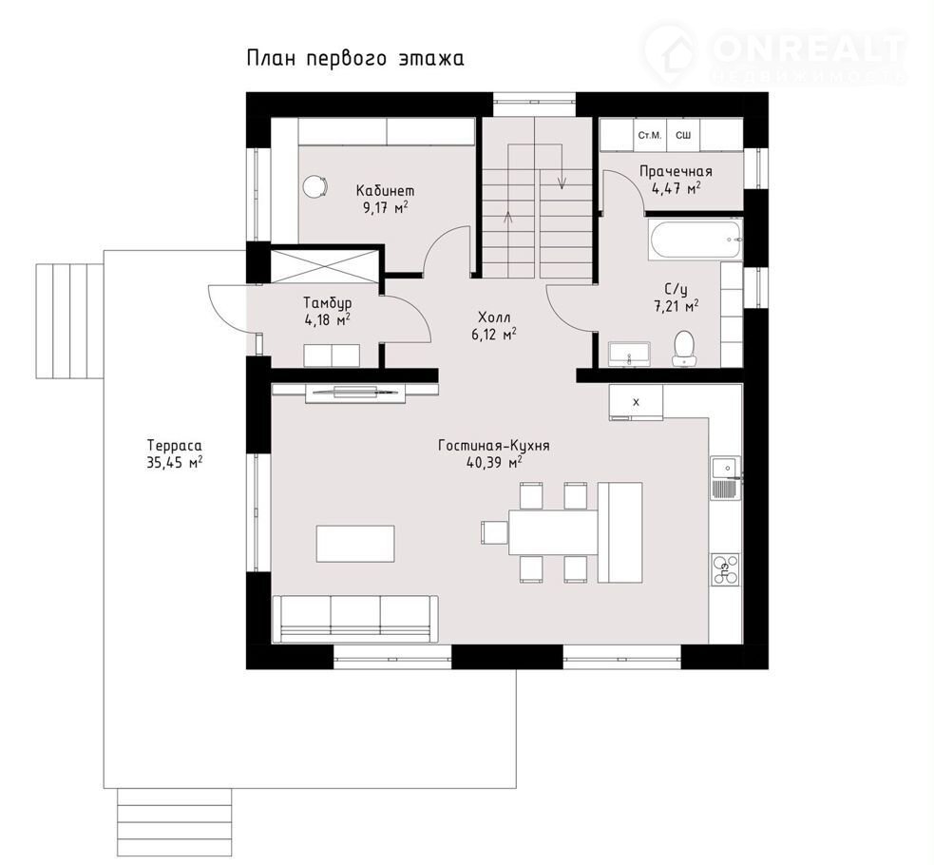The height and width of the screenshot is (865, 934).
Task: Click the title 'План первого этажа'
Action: coord(355,59)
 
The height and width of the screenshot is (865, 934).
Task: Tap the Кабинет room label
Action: coord(385,190)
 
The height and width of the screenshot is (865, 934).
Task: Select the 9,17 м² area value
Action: coord(385,206)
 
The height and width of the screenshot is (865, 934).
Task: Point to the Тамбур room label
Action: coord(327,303)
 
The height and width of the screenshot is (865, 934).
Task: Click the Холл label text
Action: coord(494,317)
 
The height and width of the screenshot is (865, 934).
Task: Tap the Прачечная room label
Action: coord(676,171)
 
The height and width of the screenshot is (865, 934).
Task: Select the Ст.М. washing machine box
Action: coord(650,136)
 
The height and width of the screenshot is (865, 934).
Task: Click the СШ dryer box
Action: coord(682,136)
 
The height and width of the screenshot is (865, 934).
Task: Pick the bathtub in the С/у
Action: coord(695,240)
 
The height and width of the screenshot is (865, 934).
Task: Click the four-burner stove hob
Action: coord(725,567)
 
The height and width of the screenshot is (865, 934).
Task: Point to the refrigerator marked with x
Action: coord(636,402)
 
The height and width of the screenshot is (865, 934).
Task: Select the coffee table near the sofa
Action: coord(355,544)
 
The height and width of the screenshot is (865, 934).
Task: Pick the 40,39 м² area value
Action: coord(494,463)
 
